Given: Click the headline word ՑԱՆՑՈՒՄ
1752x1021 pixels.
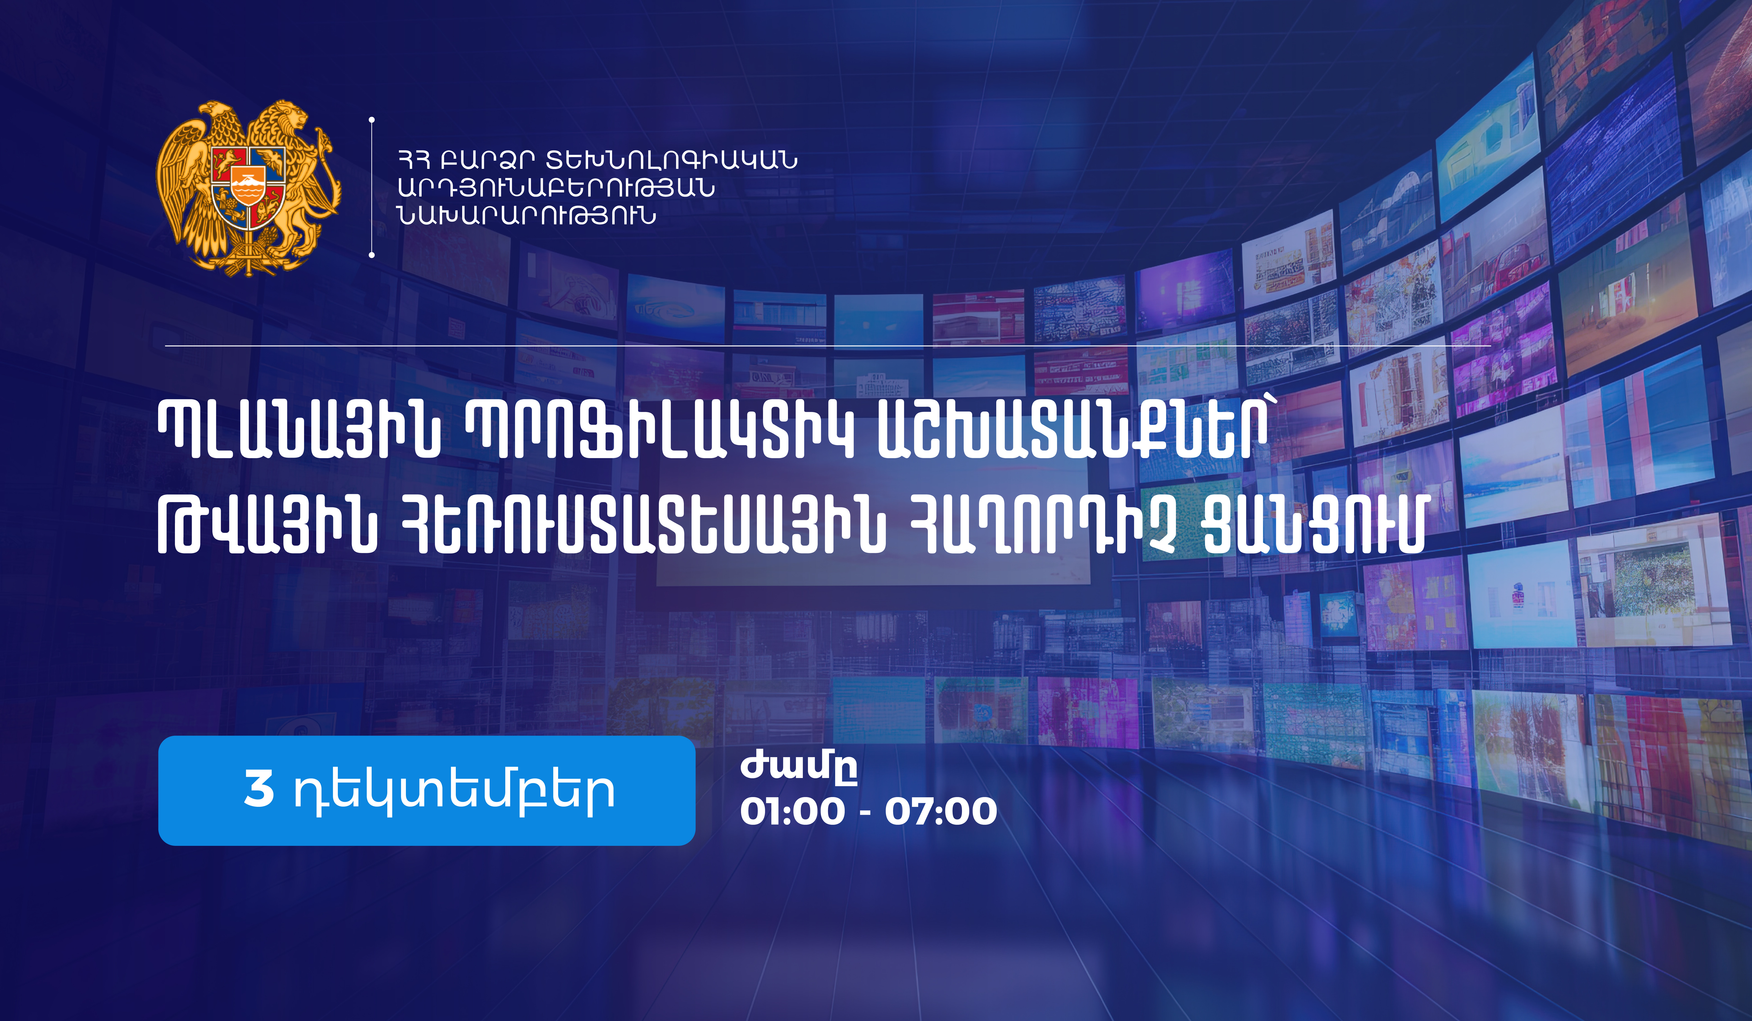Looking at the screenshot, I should point(1314,526).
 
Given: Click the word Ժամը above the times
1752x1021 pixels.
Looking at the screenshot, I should point(798,767).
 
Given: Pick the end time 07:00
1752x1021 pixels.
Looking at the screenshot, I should point(941,811).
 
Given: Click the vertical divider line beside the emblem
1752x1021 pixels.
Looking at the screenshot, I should point(372,188).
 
